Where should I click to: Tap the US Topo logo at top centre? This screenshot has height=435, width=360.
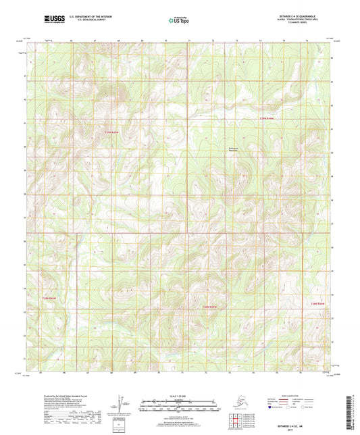click(179, 21)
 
